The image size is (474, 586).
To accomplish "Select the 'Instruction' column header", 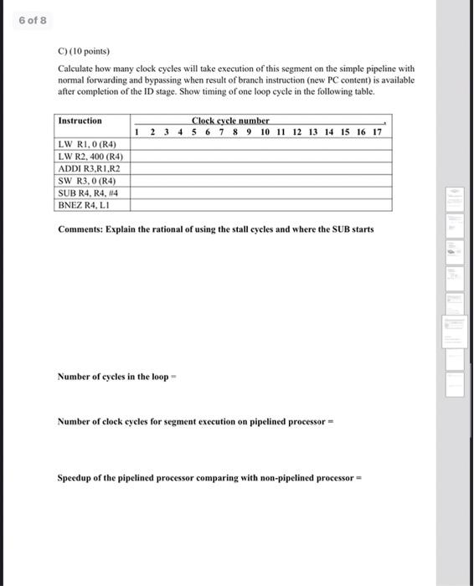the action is (x=80, y=121).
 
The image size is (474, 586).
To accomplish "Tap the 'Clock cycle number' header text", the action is (x=230, y=121).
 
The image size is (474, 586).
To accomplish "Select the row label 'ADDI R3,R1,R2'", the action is (x=90, y=167).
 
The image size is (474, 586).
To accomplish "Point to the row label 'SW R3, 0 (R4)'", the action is (x=86, y=180).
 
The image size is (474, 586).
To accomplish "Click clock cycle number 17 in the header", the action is (x=377, y=132).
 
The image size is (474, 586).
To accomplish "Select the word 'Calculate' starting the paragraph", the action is (x=75, y=67).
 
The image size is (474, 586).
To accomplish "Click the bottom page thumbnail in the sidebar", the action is (x=455, y=384).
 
